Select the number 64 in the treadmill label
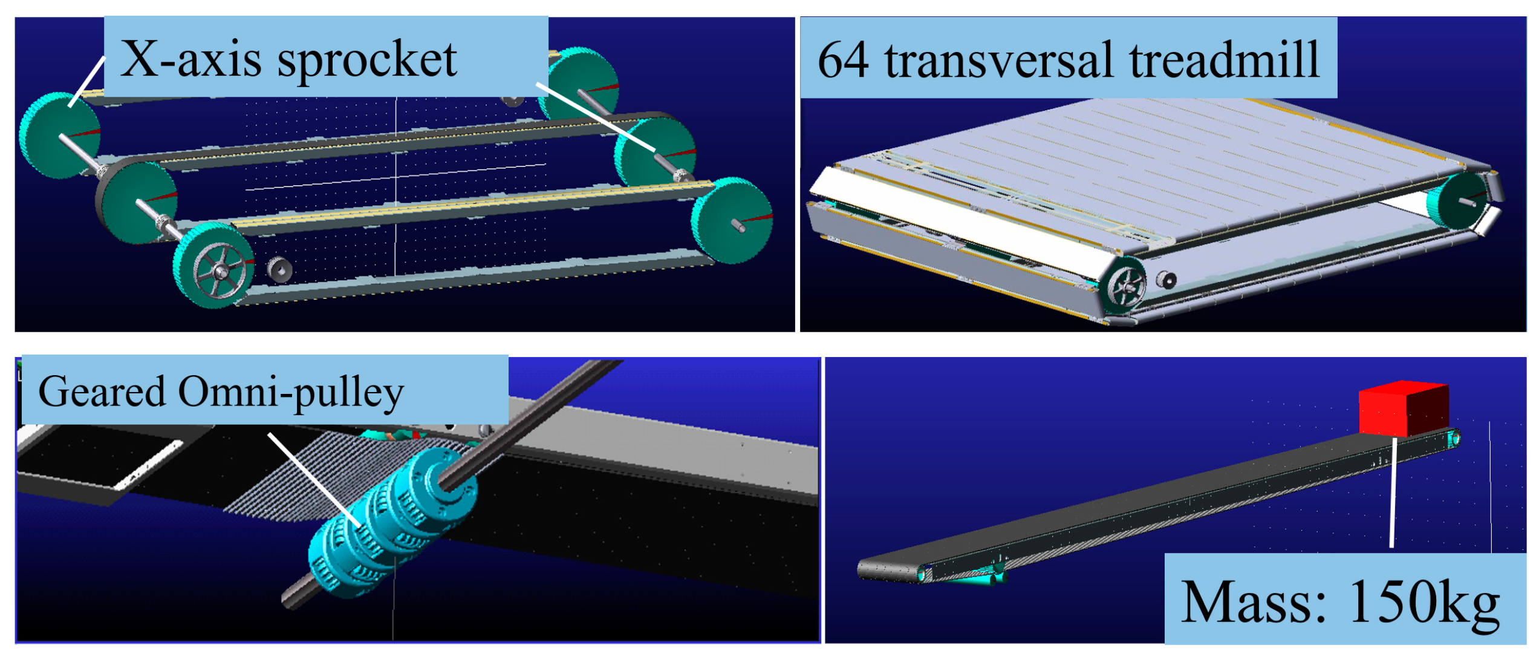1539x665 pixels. (x=844, y=60)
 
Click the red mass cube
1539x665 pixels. (x=1403, y=409)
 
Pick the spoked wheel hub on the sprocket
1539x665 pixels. (x=220, y=272)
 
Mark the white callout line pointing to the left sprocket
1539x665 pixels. (x=86, y=82)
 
